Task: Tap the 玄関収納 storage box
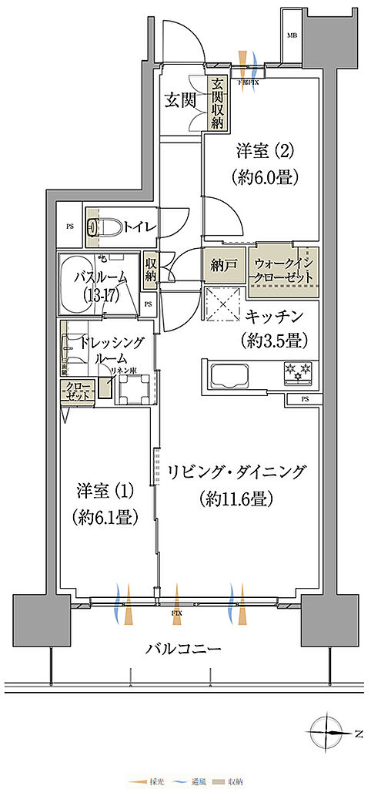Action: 218,105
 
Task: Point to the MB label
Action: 292,36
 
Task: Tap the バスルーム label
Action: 102,277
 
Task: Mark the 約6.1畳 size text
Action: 108,517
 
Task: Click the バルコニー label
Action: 184,649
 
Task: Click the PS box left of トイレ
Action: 69,227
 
